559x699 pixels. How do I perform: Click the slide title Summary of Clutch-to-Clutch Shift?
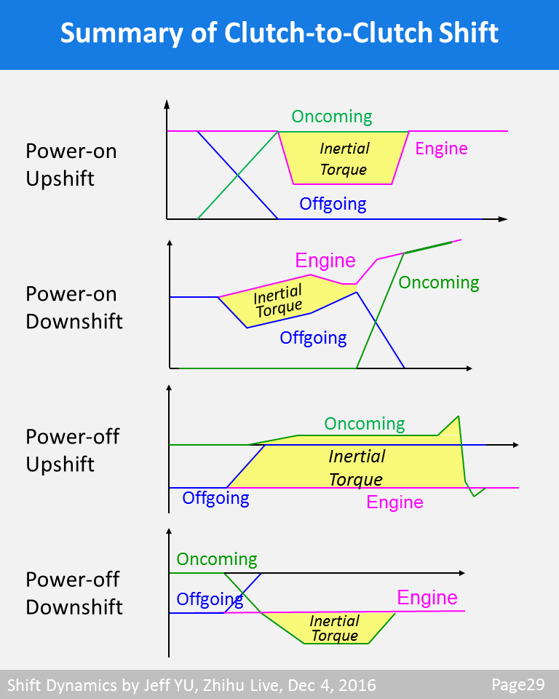[x=279, y=33]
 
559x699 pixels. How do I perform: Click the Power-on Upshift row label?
[x=71, y=165]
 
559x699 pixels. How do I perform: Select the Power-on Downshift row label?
[x=74, y=307]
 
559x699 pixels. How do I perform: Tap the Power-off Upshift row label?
[x=71, y=450]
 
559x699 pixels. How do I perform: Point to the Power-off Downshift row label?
[x=74, y=593]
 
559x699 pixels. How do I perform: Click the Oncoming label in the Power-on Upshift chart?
[x=332, y=116]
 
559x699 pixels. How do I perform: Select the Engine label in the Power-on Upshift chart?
[x=441, y=149]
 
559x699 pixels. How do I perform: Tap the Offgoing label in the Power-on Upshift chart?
[x=333, y=204]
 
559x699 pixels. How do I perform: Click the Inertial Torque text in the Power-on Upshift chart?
[x=344, y=159]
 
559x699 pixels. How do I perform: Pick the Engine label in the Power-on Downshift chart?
[x=325, y=261]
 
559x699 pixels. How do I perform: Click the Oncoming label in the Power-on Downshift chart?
[x=439, y=283]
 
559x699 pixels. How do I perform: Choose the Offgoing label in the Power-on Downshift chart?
[x=313, y=338]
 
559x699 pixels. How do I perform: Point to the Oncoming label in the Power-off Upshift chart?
[x=364, y=424]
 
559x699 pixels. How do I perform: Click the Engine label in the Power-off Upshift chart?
[x=395, y=502]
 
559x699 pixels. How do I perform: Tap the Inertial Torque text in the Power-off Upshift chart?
[x=356, y=467]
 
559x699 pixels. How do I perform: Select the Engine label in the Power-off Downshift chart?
[x=427, y=598]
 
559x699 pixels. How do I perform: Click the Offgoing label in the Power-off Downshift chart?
[x=210, y=599]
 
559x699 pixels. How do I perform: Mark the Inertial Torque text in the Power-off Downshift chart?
[x=335, y=628]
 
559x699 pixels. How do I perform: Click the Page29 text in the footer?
[x=518, y=684]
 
